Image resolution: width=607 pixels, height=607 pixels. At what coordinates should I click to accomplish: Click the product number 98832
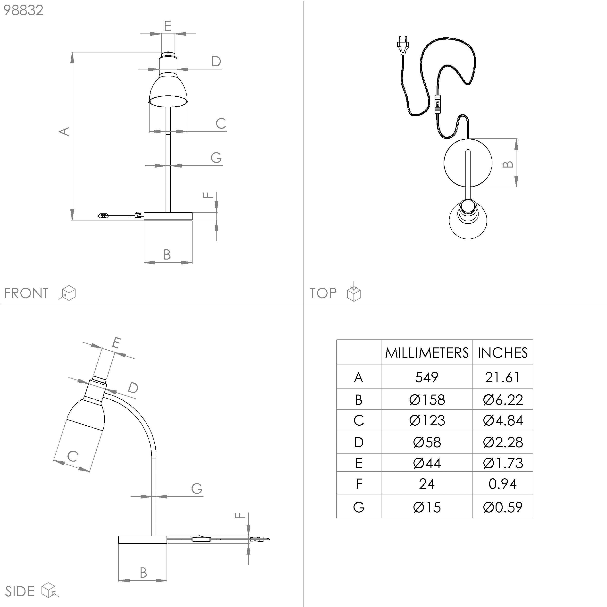coord(23,10)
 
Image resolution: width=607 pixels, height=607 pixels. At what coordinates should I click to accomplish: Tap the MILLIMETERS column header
coord(427,353)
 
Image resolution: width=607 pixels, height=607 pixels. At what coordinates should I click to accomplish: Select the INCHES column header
coord(502,353)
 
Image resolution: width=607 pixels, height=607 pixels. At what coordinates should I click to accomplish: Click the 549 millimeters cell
coord(426,377)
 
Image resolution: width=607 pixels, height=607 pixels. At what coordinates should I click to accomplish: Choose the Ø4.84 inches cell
coord(503,420)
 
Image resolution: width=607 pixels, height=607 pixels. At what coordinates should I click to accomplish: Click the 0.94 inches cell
coord(502,484)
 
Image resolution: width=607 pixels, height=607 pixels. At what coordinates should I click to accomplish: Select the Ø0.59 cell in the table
coord(503,507)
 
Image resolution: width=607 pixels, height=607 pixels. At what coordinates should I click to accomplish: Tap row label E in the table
coord(359,463)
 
